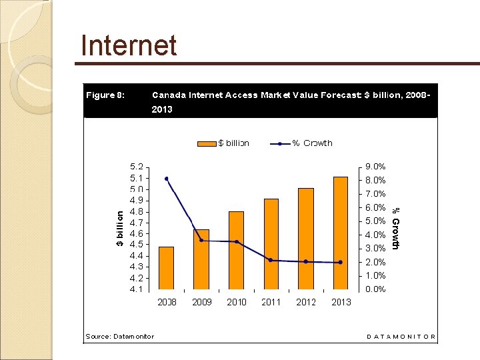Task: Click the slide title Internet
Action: click(129, 46)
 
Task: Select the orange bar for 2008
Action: click(166, 268)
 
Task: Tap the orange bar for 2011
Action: click(271, 244)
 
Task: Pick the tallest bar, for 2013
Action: click(341, 233)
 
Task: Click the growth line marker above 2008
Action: click(166, 179)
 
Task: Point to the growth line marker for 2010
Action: click(236, 241)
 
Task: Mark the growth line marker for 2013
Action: click(341, 262)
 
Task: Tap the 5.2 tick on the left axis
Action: click(135, 167)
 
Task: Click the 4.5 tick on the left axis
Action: click(135, 245)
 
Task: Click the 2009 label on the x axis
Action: click(201, 302)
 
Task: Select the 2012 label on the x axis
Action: click(306, 302)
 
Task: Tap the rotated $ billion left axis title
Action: click(120, 229)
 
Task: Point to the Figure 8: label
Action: click(105, 95)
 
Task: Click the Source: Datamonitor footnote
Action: click(119, 336)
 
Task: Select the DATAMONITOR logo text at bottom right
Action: click(401, 337)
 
